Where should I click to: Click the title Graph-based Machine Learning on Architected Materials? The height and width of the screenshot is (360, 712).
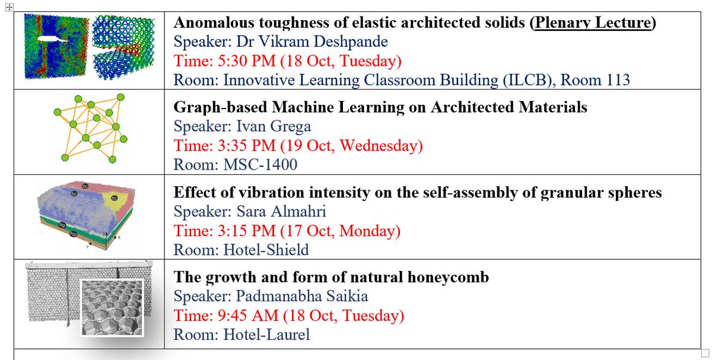380,107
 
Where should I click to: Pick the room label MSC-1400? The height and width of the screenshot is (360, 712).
260,164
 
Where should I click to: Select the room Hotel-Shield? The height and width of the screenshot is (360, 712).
266,250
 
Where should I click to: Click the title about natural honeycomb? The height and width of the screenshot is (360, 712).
331,277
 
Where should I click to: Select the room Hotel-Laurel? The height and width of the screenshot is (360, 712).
266,334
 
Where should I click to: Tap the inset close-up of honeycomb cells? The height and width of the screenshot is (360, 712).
113,307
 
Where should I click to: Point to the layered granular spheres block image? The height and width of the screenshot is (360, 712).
86,214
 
